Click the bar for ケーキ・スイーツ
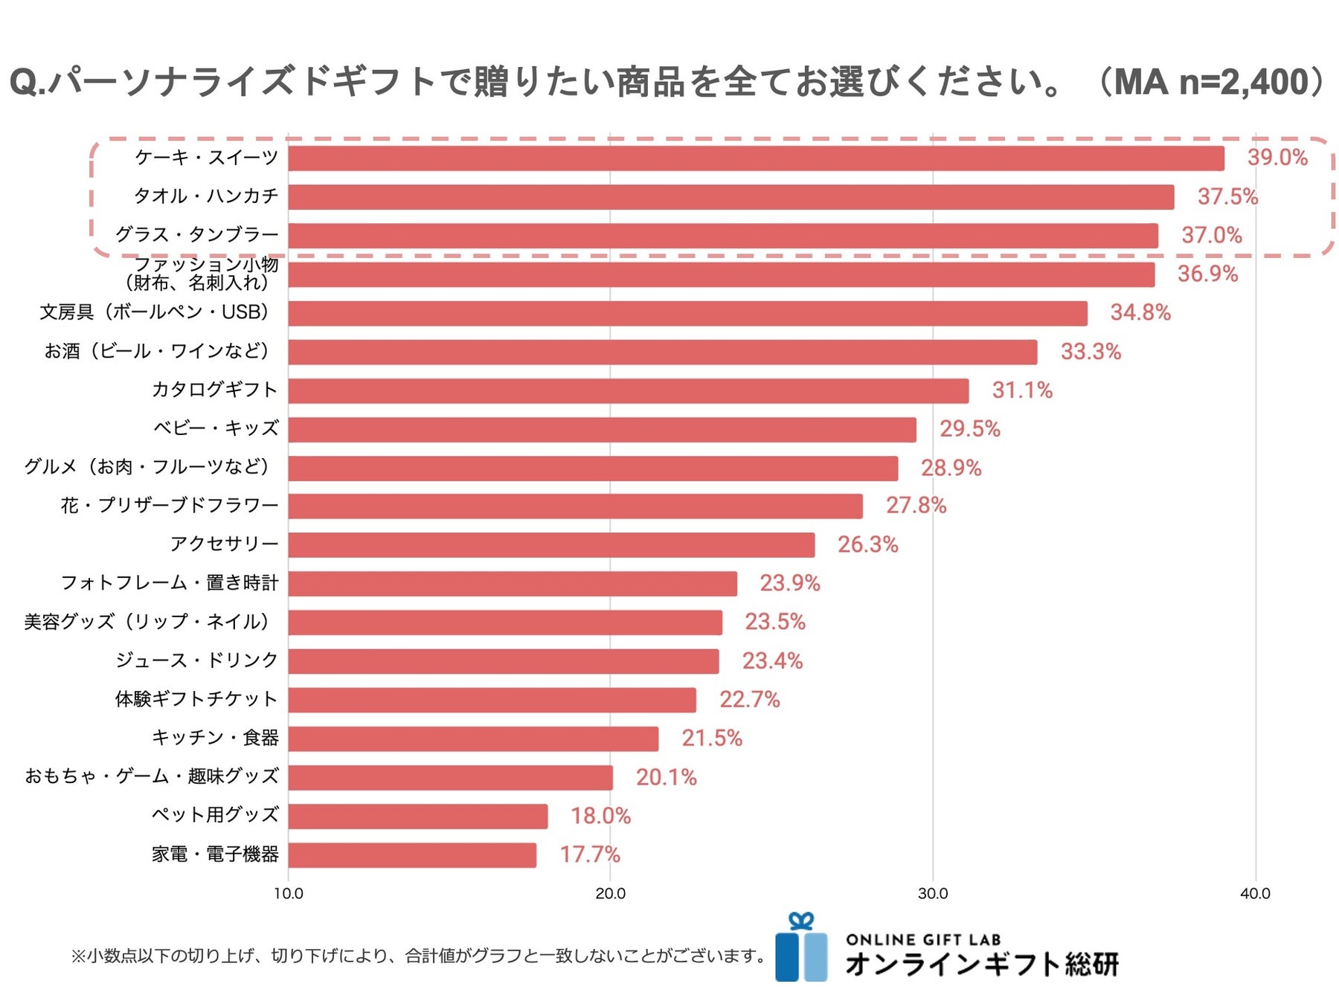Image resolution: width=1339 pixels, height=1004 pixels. (755, 158)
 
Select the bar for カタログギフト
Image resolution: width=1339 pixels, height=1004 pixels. (629, 390)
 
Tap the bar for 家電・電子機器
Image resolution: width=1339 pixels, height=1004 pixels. (412, 855)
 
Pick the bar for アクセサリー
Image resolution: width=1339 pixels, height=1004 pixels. (551, 545)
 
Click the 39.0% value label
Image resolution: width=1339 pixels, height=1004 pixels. (1277, 158)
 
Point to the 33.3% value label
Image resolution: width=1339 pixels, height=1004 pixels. (1091, 351)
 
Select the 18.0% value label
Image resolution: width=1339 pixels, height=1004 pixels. (600, 816)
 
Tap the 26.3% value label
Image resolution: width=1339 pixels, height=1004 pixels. (867, 544)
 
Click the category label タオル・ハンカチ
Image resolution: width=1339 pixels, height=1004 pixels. (206, 196)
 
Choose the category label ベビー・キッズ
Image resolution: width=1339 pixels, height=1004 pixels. (216, 428)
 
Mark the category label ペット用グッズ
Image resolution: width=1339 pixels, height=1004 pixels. (215, 815)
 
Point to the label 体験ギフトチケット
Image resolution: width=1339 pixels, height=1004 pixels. (196, 699)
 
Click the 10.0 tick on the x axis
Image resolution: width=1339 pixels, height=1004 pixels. (289, 894)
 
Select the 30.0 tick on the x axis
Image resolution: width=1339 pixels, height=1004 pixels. (933, 894)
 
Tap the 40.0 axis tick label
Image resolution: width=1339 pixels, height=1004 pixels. (1255, 894)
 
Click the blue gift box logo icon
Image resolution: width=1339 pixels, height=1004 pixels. (801, 949)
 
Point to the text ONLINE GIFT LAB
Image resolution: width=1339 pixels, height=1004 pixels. (923, 940)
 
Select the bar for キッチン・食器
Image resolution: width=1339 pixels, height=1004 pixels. (473, 738)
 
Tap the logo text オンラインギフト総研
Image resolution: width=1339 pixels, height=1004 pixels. (981, 965)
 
